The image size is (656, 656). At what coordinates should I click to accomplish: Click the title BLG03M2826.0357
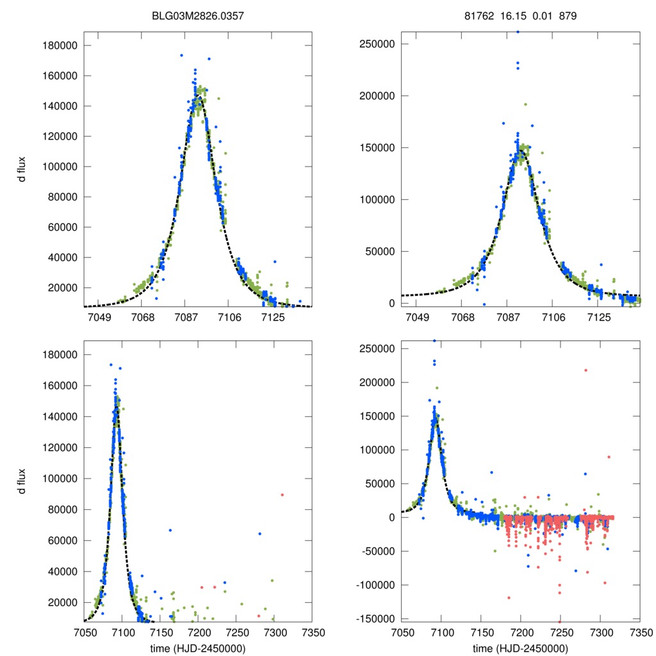(x=198, y=16)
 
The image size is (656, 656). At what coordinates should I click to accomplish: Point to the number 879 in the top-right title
(x=568, y=16)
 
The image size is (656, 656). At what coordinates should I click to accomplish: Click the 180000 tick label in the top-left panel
(x=58, y=45)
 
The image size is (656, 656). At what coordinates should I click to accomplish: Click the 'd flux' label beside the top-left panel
(x=22, y=170)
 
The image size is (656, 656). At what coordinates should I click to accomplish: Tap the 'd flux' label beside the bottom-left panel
(x=22, y=479)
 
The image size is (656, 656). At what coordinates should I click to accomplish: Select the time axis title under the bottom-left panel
(x=198, y=648)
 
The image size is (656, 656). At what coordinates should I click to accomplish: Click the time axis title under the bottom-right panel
(x=521, y=648)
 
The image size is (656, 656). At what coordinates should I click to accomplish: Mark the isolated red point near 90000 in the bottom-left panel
(x=282, y=495)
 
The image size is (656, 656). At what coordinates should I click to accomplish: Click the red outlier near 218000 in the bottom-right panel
(x=585, y=370)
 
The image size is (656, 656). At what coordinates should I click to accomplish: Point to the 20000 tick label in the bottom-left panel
(x=61, y=602)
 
